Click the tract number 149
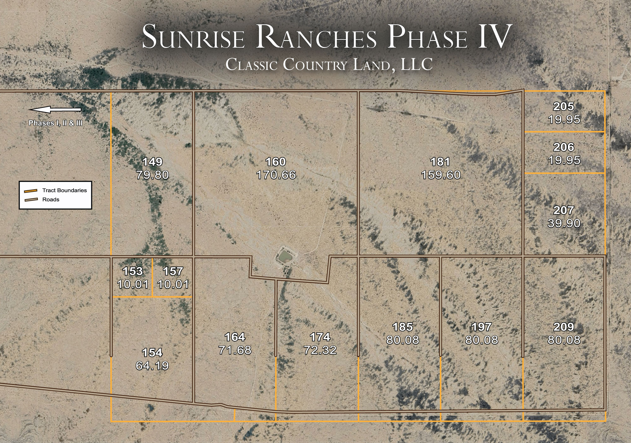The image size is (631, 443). [x=153, y=162]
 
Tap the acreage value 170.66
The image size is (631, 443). [x=276, y=175]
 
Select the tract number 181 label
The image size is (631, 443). [x=440, y=162]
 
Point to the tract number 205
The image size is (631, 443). [x=564, y=107]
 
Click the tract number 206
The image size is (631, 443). [x=564, y=147]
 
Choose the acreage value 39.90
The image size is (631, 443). [x=564, y=223]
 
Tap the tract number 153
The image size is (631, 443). [x=133, y=271]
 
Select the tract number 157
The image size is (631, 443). [x=173, y=271]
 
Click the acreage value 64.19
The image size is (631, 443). [x=152, y=366]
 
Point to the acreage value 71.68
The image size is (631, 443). [x=235, y=350]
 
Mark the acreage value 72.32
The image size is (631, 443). [x=320, y=350]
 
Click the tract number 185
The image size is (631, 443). [x=403, y=327]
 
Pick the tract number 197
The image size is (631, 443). [x=481, y=327]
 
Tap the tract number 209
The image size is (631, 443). [x=564, y=327]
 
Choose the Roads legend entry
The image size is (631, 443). [x=50, y=199]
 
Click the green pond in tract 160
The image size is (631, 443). [x=285, y=257]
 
